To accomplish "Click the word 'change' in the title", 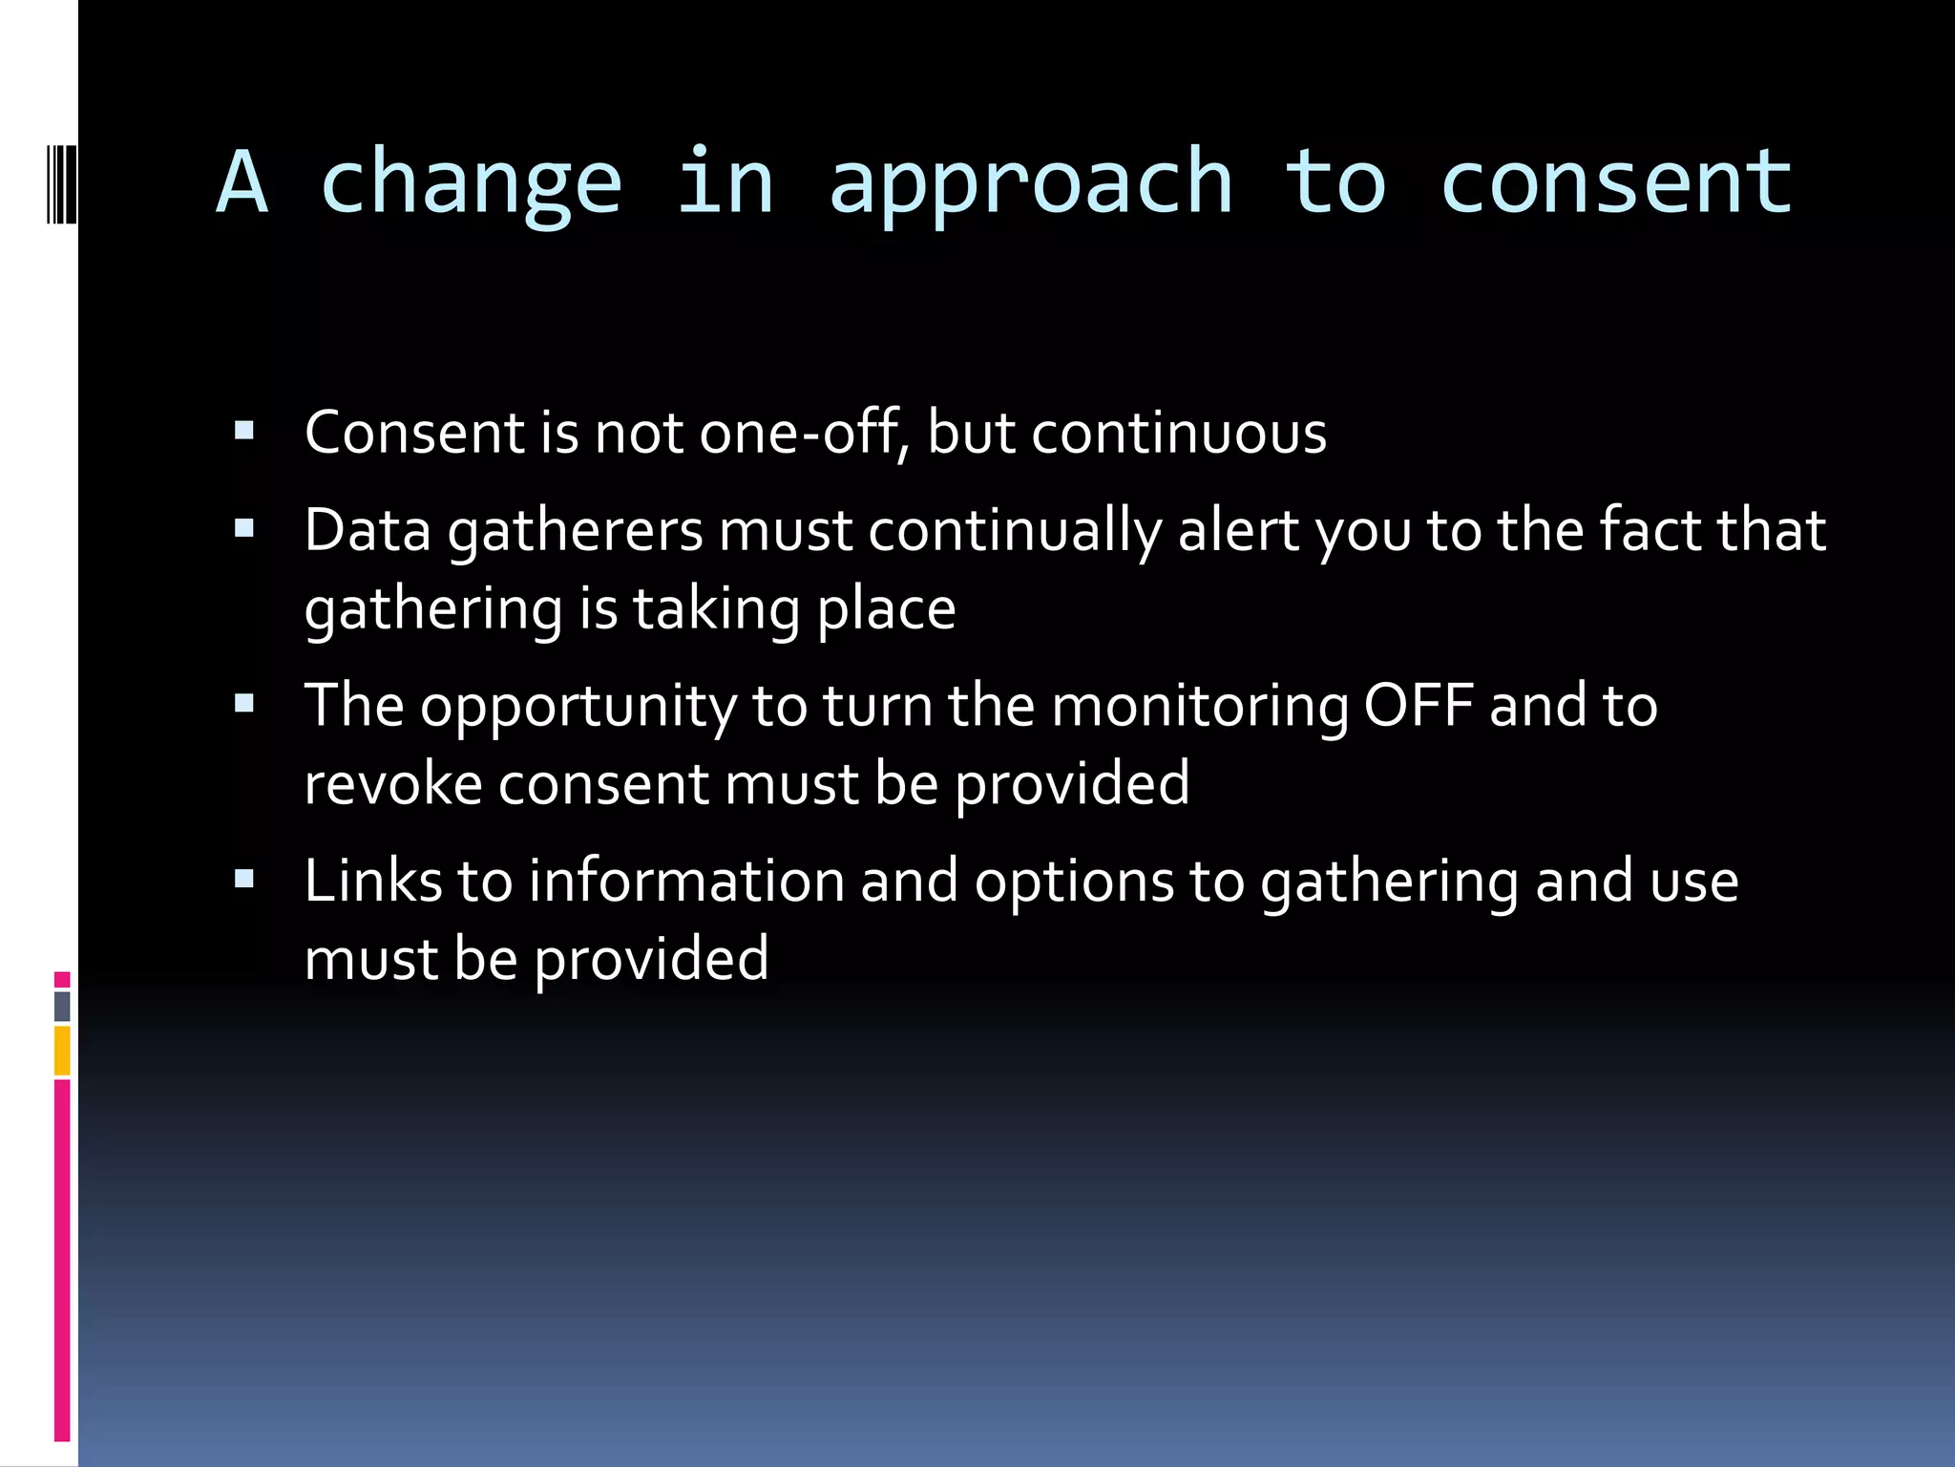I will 472,183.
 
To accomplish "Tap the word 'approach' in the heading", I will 1031,183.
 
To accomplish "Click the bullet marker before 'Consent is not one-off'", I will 244,431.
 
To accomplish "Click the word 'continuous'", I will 1179,433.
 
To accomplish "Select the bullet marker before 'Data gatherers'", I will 244,528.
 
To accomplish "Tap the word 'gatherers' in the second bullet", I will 576,531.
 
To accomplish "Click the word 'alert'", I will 1238,530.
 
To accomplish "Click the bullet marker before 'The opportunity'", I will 244,704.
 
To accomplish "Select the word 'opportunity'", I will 578,708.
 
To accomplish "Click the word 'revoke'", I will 392,784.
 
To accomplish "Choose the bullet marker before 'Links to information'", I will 244,879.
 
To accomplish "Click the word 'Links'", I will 373,881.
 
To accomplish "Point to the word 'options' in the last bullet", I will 1074,882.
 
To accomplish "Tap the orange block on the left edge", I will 62,1051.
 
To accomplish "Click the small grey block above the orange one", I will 62,1006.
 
